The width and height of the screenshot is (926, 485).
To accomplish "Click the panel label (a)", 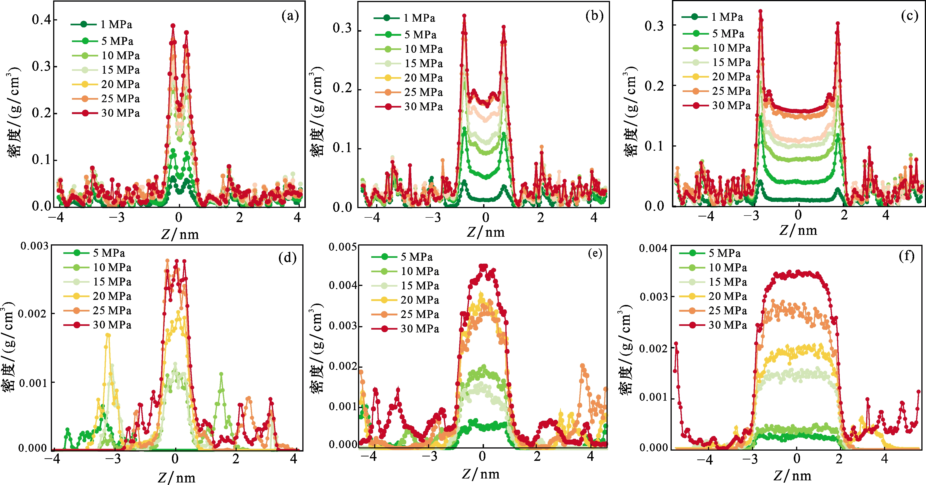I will click(x=290, y=16).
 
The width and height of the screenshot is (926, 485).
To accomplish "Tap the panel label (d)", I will click(x=287, y=258).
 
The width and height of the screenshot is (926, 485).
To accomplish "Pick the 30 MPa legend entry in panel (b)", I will click(x=423, y=107).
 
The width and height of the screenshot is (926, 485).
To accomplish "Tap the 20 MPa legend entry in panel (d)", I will click(x=112, y=296).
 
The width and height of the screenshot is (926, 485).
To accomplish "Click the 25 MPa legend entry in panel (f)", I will click(x=727, y=311).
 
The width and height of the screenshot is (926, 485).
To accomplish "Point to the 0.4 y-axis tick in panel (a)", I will click(x=41, y=20).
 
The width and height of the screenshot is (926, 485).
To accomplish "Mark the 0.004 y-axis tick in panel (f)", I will click(x=653, y=249).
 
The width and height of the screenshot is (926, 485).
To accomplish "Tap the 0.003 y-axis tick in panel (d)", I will click(x=34, y=246).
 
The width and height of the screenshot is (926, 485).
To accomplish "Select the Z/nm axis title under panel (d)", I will click(x=177, y=478).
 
